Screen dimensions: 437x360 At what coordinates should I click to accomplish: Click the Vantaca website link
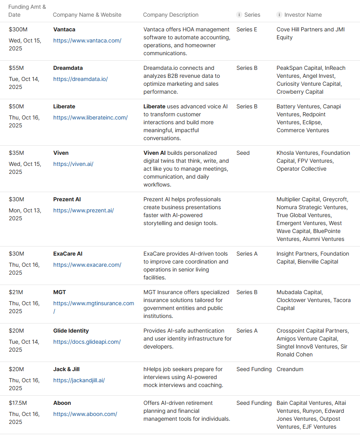pyautogui.click(x=87, y=40)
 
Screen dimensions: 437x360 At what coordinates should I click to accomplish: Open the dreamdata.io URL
pyautogui.click(x=80, y=79)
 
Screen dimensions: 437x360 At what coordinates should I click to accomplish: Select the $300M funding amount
pyautogui.click(x=18, y=29)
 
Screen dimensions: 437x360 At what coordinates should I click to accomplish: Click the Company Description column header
pyautogui.click(x=170, y=15)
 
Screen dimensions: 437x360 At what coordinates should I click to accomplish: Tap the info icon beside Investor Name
pyautogui.click(x=279, y=15)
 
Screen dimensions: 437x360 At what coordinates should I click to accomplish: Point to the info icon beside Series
pyautogui.click(x=239, y=15)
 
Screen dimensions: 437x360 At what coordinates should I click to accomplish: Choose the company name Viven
pyautogui.click(x=61, y=153)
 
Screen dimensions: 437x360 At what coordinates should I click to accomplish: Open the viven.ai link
pyautogui.click(x=73, y=164)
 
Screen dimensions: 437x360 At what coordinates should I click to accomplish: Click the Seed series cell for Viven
pyautogui.click(x=243, y=153)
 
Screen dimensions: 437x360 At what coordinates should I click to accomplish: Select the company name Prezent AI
pyautogui.click(x=67, y=199)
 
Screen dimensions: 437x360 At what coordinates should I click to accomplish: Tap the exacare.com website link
pyautogui.click(x=87, y=265)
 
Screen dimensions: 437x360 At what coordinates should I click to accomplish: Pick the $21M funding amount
pyautogui.click(x=16, y=292)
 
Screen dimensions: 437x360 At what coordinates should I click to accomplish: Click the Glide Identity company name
pyautogui.click(x=71, y=331)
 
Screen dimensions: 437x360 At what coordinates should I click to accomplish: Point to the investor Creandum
pyautogui.click(x=290, y=369)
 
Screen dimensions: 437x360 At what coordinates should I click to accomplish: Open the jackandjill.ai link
pyautogui.click(x=79, y=380)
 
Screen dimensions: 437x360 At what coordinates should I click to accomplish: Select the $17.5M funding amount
pyautogui.click(x=18, y=403)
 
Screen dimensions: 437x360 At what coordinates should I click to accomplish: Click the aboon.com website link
pyautogui.click(x=85, y=414)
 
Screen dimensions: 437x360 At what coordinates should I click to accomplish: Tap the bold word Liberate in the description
pyautogui.click(x=154, y=106)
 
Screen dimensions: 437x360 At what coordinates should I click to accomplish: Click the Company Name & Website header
pyautogui.click(x=87, y=15)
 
